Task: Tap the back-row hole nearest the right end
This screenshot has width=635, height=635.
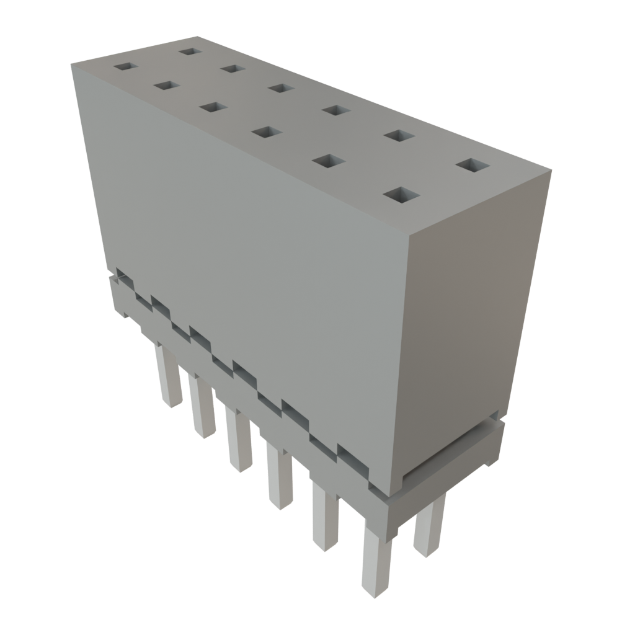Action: coord(473,165)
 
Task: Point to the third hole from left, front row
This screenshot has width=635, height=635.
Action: coord(212,107)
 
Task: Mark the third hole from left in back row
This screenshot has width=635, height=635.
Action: coord(280,88)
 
